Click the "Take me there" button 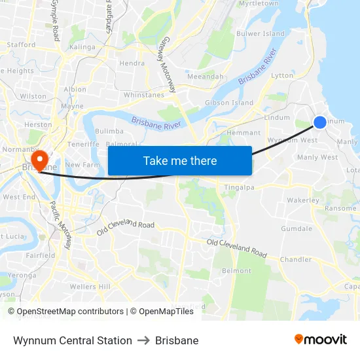180,160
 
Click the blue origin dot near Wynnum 320,122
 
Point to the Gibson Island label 229,103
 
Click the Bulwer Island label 261,33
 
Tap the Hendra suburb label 132,63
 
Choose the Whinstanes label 144,95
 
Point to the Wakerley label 303,200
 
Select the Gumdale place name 297,228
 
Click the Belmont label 236,270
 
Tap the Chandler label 295,259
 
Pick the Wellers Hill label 90,287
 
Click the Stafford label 21,45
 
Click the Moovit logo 320,340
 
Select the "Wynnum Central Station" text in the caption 73,340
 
